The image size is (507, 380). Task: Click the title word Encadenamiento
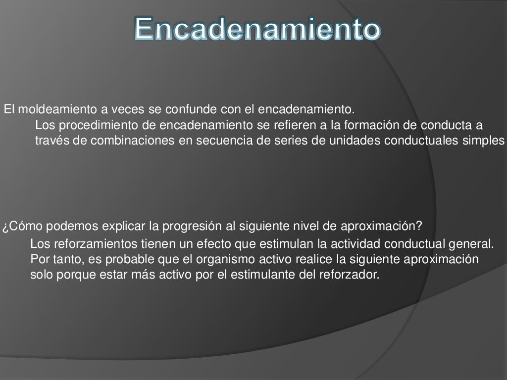pyautogui.click(x=257, y=29)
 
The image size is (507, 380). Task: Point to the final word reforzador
pyautogui.click(x=351, y=275)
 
